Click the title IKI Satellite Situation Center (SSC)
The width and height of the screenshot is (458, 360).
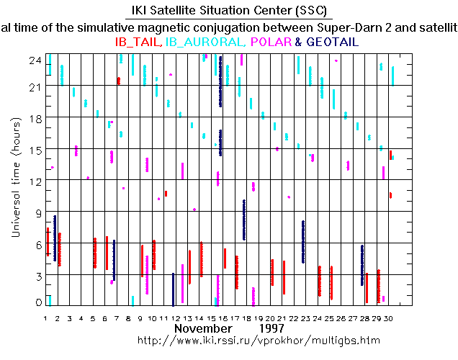[x=229, y=10]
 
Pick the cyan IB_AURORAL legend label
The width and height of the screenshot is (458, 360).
[x=205, y=42]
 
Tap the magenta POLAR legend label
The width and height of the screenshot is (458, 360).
[x=270, y=42]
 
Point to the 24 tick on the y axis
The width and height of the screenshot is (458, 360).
[x=34, y=60]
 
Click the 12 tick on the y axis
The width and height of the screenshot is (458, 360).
[x=34, y=180]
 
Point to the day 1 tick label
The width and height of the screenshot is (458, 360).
[x=46, y=318]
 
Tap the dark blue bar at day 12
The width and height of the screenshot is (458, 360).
[x=174, y=289]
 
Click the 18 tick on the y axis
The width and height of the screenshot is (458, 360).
[x=34, y=118]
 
